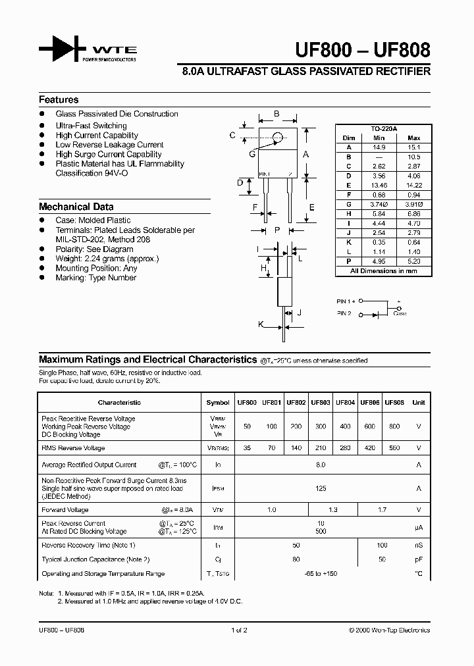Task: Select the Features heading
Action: tap(59, 100)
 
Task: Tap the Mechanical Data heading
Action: tap(76, 207)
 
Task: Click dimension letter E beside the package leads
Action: tap(312, 207)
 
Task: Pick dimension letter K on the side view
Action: tap(261, 324)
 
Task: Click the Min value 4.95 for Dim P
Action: tap(378, 261)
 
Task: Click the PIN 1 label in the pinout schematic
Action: tap(346, 301)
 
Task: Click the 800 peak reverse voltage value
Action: tap(394, 426)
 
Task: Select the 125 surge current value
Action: tap(321, 489)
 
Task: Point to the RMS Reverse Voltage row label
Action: tap(73, 448)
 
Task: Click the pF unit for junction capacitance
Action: tap(419, 559)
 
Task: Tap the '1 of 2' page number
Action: tap(239, 630)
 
